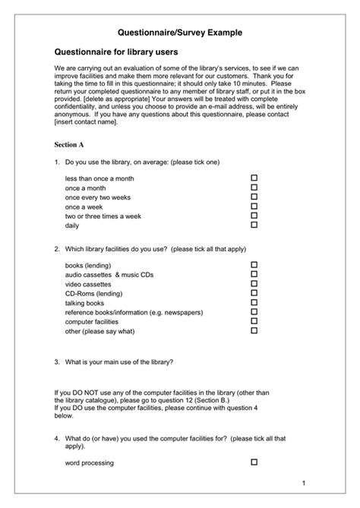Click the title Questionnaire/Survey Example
[x=180, y=34]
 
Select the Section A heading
[x=68, y=144]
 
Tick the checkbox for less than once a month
[x=254, y=178]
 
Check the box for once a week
[x=254, y=206]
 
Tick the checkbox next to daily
[x=254, y=225]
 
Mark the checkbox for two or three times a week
[x=254, y=216]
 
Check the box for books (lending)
[x=254, y=265]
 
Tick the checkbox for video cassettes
[x=254, y=283]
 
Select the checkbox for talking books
[x=254, y=302]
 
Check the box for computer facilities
[x=254, y=321]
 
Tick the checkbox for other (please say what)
[x=254, y=330]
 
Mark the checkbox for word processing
[x=254, y=462]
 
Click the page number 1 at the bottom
[x=303, y=483]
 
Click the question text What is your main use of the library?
[x=119, y=361]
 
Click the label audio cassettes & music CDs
[x=109, y=274]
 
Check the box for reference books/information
[x=254, y=311]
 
